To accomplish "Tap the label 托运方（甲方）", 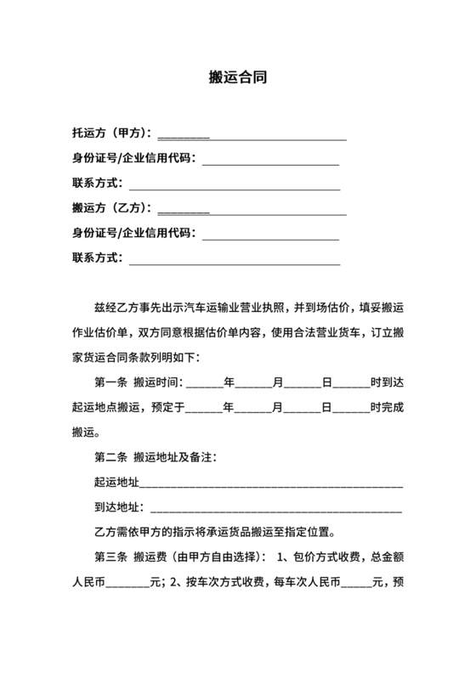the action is point(111,133).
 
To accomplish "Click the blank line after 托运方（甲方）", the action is point(252,136).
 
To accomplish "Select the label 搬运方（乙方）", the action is point(111,207).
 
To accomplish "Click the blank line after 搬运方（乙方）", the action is point(252,211).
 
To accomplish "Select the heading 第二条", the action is point(110,458).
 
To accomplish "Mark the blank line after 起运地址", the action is point(270,486).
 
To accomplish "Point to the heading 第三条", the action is point(110,558).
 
